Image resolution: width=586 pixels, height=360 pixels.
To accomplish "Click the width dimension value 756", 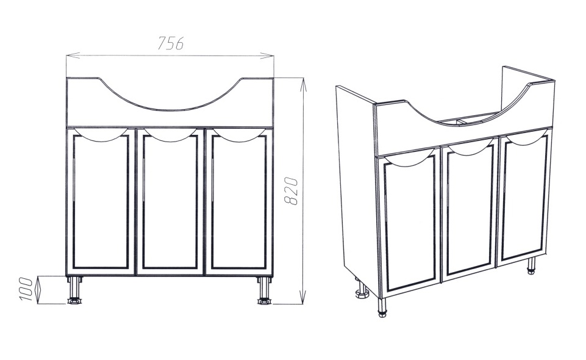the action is tap(170, 43).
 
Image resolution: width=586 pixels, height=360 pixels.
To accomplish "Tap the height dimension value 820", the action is tap(291, 191).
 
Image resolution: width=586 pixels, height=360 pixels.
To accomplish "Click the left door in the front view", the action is tap(101, 202).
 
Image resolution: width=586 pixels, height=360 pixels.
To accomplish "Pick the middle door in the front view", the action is tap(170, 202).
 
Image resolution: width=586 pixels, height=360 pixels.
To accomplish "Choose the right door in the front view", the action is tap(239, 202).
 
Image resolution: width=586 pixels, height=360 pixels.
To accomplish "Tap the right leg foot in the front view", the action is tap(264, 300).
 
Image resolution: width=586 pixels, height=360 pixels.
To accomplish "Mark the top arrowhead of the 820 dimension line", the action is tap(303, 84).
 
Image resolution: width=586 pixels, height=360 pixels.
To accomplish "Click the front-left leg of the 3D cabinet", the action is tap(381, 308).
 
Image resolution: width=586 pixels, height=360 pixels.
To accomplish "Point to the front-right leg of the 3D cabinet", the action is tap(530, 266).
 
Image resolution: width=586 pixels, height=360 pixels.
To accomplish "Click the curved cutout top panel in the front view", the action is tap(170, 102).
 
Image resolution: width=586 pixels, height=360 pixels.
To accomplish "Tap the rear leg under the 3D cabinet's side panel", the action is tap(362, 290).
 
